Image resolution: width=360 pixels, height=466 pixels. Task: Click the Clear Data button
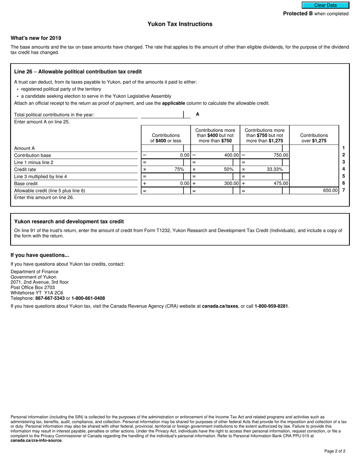(325, 5)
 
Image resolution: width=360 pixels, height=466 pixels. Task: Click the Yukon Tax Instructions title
(180, 24)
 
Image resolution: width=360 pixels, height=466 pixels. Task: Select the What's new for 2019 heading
(36, 38)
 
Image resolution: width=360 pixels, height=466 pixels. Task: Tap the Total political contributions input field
(162, 114)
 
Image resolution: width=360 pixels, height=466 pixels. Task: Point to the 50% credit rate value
(229, 169)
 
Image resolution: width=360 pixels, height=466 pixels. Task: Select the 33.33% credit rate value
(275, 169)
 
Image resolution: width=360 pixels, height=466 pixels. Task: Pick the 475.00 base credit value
(281, 183)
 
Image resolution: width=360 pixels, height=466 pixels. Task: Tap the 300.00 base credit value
(231, 183)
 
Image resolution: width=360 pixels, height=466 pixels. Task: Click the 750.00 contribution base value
(281, 155)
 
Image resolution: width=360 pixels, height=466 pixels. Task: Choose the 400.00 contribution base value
(231, 155)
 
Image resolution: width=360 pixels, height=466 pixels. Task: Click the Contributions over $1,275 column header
(314, 138)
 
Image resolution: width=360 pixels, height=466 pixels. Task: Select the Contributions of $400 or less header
(166, 138)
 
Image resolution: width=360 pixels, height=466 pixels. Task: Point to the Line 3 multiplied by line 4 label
(41, 177)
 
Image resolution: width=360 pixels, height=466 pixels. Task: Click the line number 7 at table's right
(343, 190)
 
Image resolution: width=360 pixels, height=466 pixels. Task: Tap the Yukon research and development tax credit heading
(69, 222)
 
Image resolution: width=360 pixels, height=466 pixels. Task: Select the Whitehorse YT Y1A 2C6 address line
(37, 293)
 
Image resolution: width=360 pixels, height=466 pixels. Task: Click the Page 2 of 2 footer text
(335, 451)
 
